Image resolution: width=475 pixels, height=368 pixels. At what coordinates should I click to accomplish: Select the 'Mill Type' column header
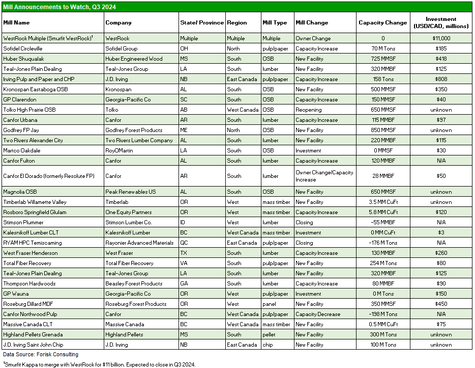click(275, 22)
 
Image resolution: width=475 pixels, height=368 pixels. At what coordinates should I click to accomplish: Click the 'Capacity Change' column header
click(382, 22)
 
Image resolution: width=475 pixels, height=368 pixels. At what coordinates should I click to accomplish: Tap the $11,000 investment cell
click(441, 38)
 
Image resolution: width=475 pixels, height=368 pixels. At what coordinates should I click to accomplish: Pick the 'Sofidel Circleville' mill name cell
click(25, 48)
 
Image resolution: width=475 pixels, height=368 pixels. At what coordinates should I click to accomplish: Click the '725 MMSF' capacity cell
click(382, 59)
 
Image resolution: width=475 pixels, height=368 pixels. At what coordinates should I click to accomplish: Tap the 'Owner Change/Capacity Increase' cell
click(324, 176)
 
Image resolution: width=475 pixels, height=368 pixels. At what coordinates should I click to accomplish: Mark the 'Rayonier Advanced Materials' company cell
click(139, 243)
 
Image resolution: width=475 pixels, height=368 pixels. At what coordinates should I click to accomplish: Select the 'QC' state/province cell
click(184, 243)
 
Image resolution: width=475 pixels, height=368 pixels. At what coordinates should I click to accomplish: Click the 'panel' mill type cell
click(270, 304)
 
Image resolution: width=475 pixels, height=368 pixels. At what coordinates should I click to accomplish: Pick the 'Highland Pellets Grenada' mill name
click(33, 334)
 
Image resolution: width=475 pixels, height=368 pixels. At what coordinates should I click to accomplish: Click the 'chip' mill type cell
click(268, 345)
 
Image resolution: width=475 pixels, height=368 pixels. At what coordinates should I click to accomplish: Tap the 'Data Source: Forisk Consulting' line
click(41, 354)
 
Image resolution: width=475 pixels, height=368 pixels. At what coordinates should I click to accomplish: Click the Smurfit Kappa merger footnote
click(99, 364)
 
